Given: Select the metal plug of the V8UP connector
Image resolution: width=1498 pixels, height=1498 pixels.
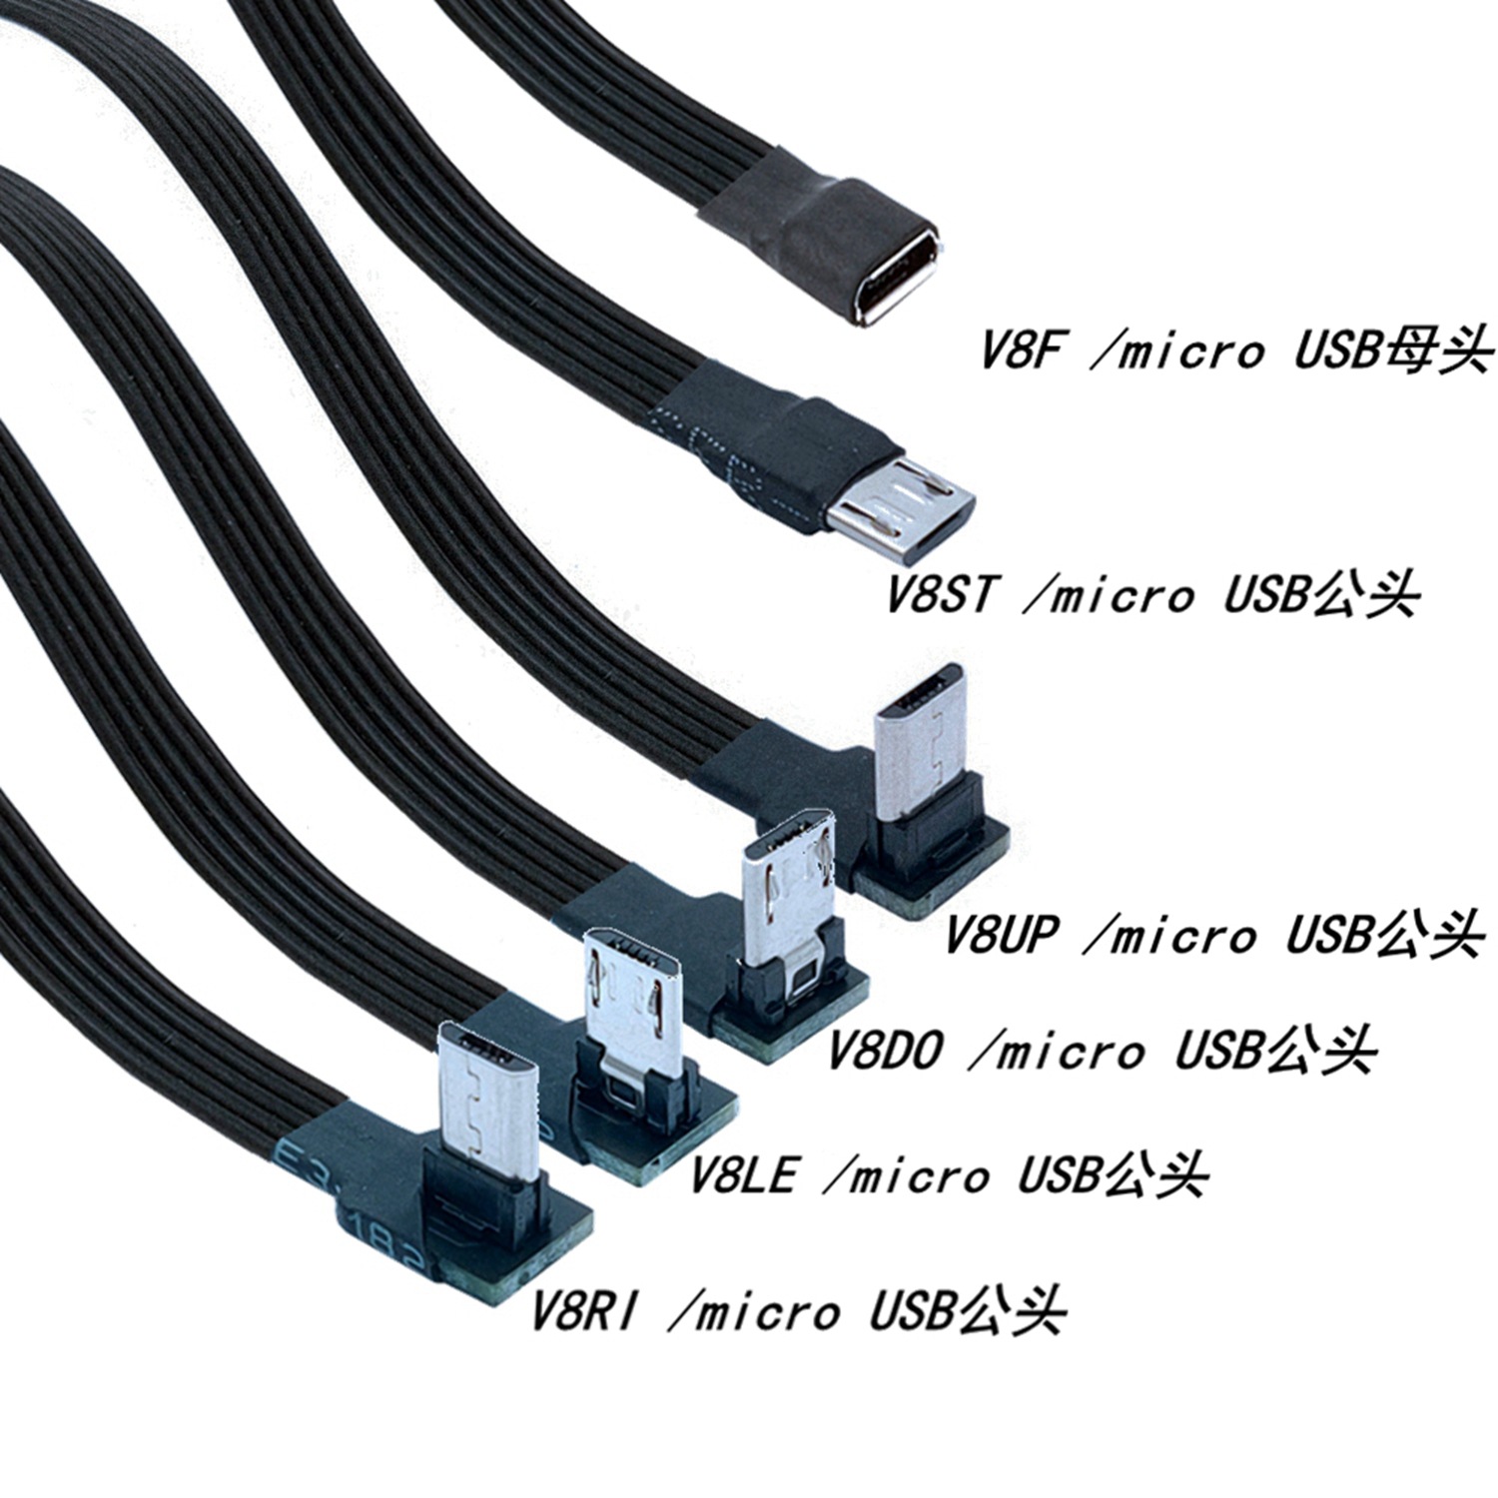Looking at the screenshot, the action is [x=921, y=734].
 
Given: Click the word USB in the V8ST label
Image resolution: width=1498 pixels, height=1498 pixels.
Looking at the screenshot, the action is [x=1264, y=594].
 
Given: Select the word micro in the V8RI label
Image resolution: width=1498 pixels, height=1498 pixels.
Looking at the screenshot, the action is [x=768, y=1310].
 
